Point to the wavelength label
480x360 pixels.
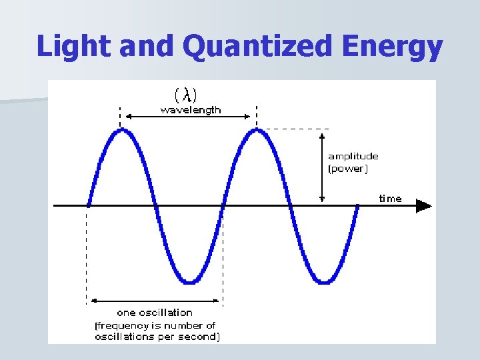coord(191,109)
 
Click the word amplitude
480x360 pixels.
coord(353,156)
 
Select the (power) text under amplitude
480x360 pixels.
coord(347,169)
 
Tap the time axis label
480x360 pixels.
coord(390,199)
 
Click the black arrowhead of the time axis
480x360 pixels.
coord(423,206)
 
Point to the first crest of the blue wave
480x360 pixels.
coord(121,130)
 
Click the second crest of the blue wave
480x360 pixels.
coord(257,130)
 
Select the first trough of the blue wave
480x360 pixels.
coord(190,282)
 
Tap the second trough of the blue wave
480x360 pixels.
coord(324,282)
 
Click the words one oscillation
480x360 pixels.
coord(155,312)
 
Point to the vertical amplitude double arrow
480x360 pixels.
coord(323,167)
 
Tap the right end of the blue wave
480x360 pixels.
coord(357,206)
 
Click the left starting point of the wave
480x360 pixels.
coord(89,205)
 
